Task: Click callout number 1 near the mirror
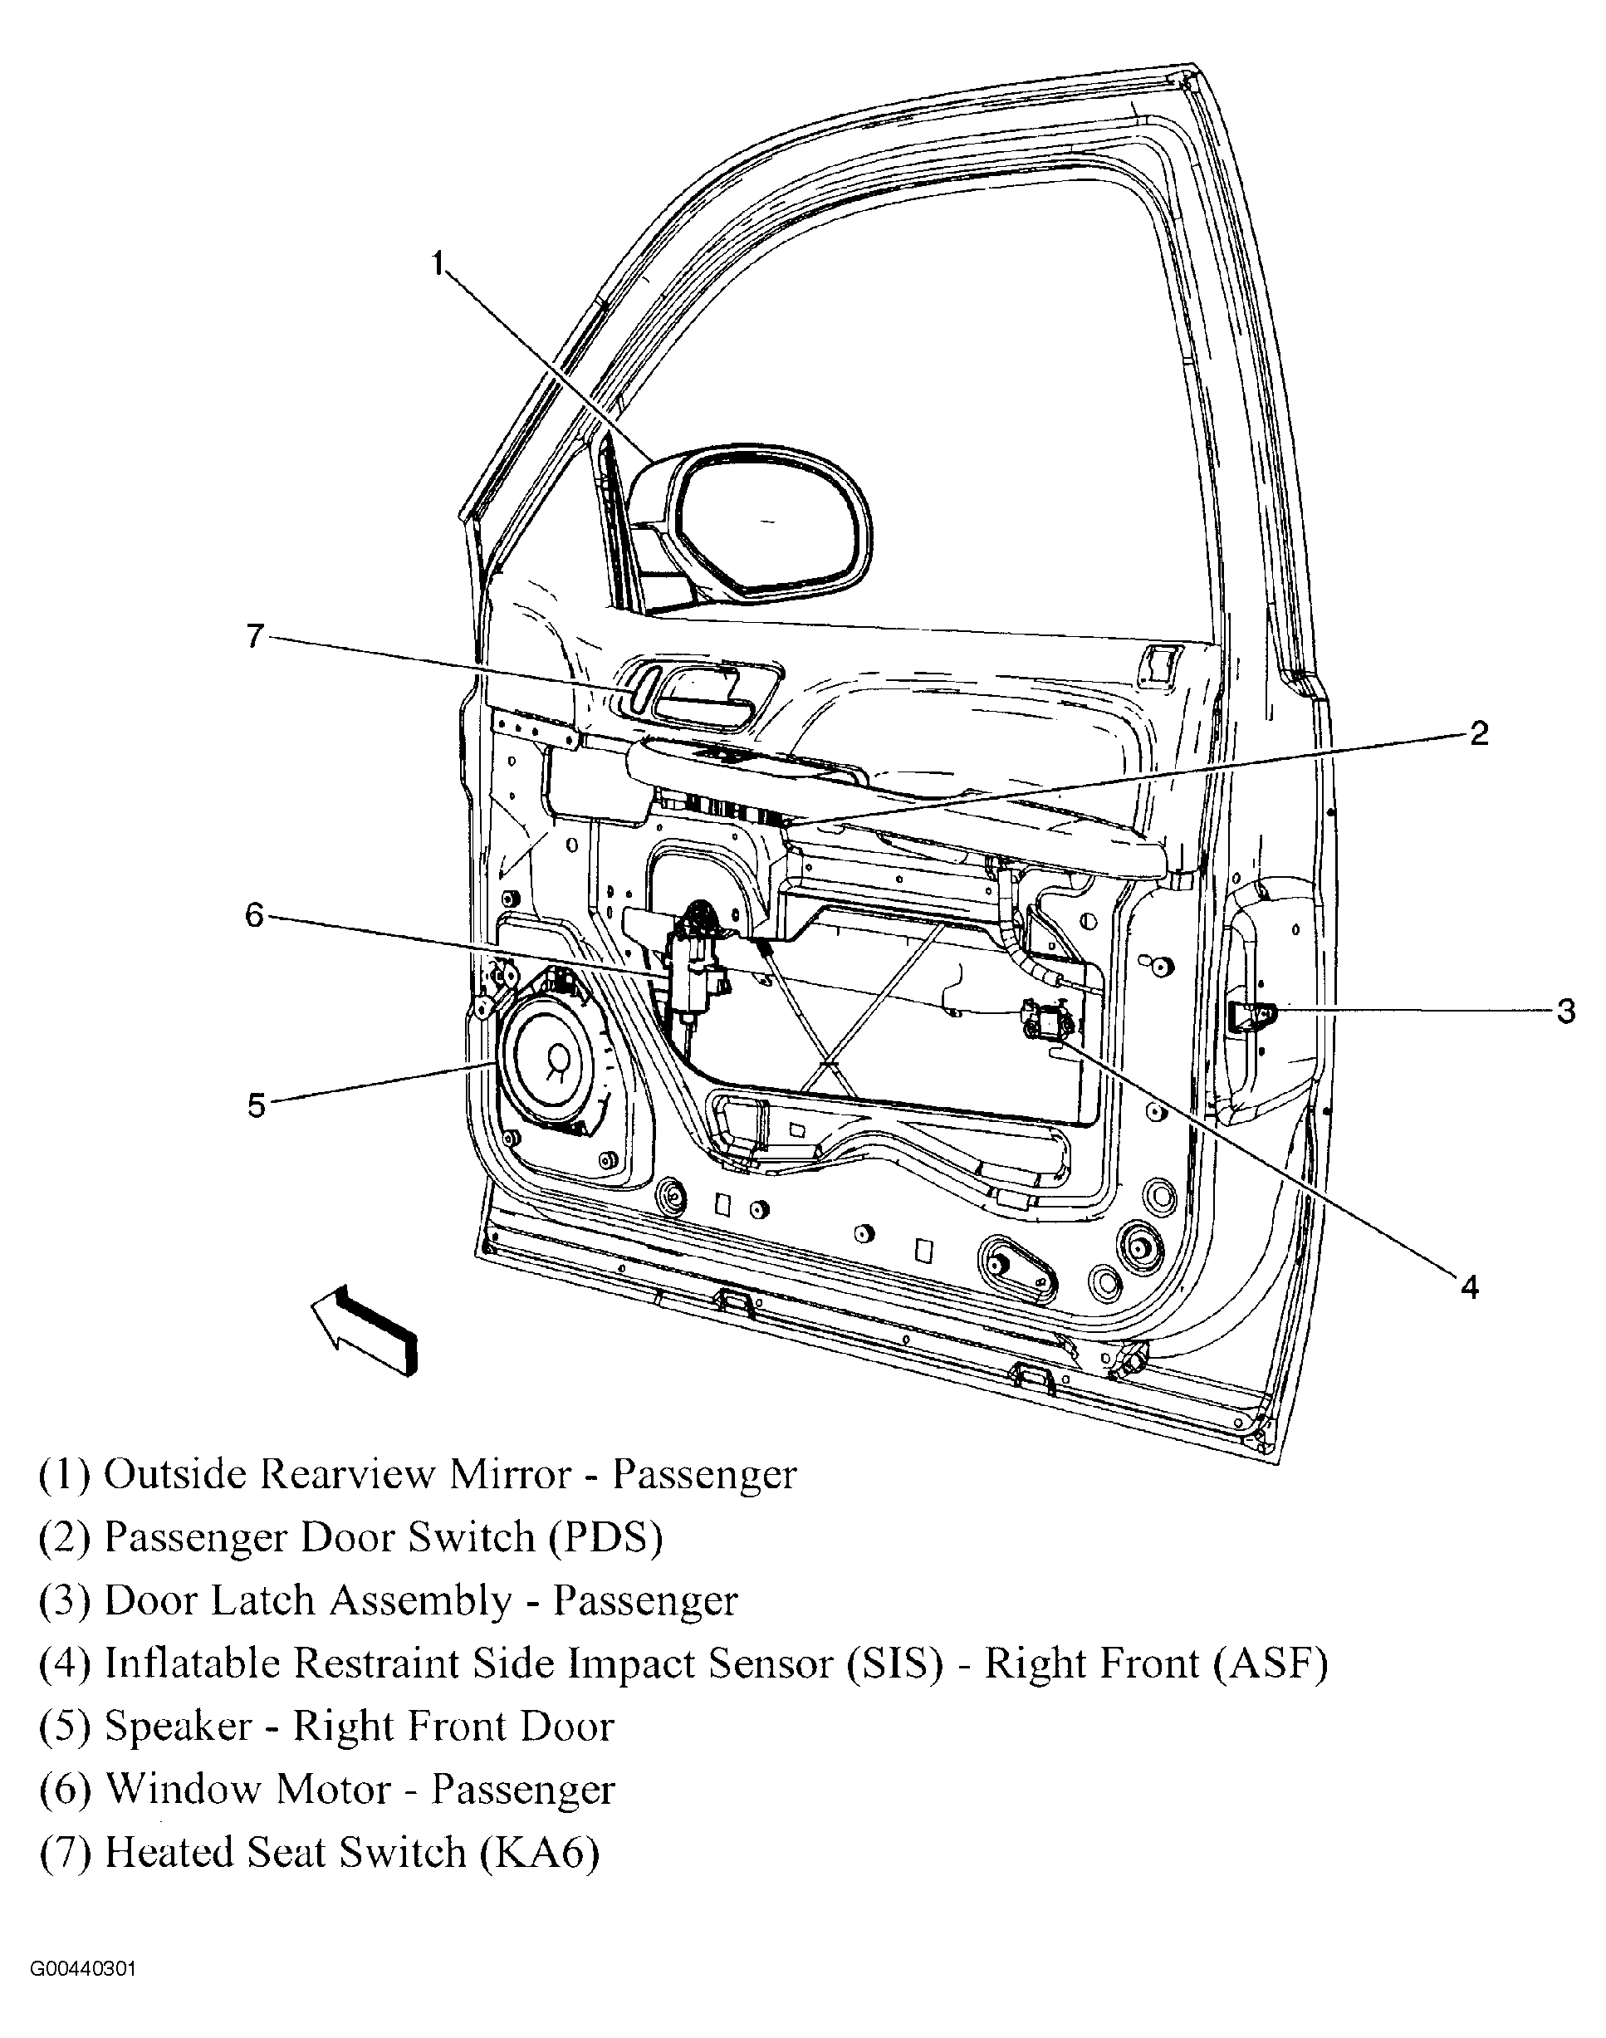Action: click(438, 263)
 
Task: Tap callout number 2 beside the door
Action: click(1479, 733)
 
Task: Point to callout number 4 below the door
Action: click(1470, 1287)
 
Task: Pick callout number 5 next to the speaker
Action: click(257, 1106)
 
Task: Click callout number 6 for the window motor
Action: click(255, 914)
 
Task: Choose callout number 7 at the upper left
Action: click(255, 637)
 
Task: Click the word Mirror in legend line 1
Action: click(511, 1474)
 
